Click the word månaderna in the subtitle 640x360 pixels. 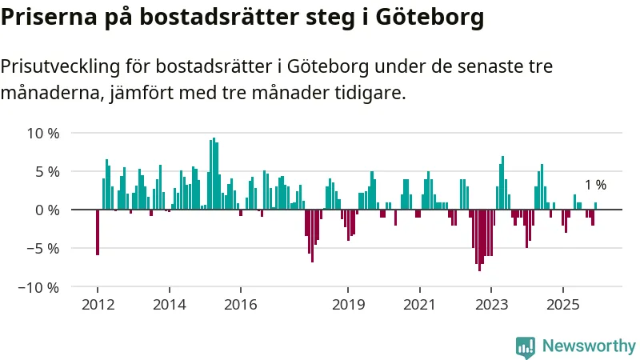[x=51, y=93]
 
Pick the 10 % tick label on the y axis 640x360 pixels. [x=43, y=133]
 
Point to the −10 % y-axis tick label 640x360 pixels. [x=39, y=286]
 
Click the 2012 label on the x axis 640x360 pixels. [x=98, y=305]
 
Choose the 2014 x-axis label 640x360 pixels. [x=169, y=305]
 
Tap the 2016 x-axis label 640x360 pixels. [x=240, y=305]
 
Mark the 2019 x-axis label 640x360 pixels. [x=347, y=305]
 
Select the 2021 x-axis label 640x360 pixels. [x=418, y=305]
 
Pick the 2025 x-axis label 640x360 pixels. [x=562, y=305]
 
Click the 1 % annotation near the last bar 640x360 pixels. [x=595, y=185]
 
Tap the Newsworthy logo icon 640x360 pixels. [x=526, y=346]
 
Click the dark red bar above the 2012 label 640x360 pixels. [x=98, y=232]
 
